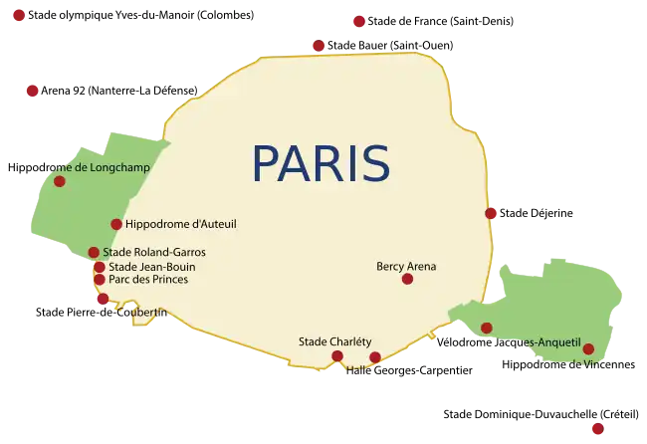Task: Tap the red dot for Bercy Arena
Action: point(407,279)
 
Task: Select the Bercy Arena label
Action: point(406,266)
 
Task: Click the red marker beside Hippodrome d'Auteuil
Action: point(116,224)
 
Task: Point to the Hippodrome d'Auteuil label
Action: point(180,224)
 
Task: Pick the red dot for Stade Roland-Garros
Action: point(94,252)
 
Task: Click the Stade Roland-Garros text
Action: point(154,253)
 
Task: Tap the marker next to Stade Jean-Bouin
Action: point(100,267)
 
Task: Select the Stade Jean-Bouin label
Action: point(151,267)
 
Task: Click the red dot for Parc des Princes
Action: point(100,280)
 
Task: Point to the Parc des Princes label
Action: point(148,280)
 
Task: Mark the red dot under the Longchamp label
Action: point(60,181)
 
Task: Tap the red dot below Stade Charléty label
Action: point(337,355)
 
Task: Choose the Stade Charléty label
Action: point(335,342)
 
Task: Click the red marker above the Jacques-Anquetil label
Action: point(487,328)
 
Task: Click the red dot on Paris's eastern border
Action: point(491,213)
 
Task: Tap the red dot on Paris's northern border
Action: point(318,45)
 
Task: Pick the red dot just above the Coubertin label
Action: point(103,299)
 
